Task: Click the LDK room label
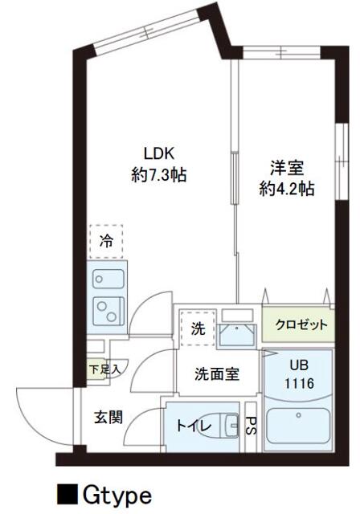(159, 153)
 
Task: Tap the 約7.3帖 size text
(159, 174)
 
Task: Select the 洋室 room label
(287, 167)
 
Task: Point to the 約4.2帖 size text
(287, 189)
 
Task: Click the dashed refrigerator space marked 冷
(106, 242)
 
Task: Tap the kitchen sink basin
(108, 279)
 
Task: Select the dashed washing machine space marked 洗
(198, 328)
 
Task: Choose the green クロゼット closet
(298, 324)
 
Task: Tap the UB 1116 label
(300, 374)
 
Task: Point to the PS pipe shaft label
(252, 425)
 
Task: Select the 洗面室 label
(217, 374)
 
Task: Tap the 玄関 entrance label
(108, 418)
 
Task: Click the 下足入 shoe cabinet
(97, 369)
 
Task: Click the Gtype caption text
(117, 496)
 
